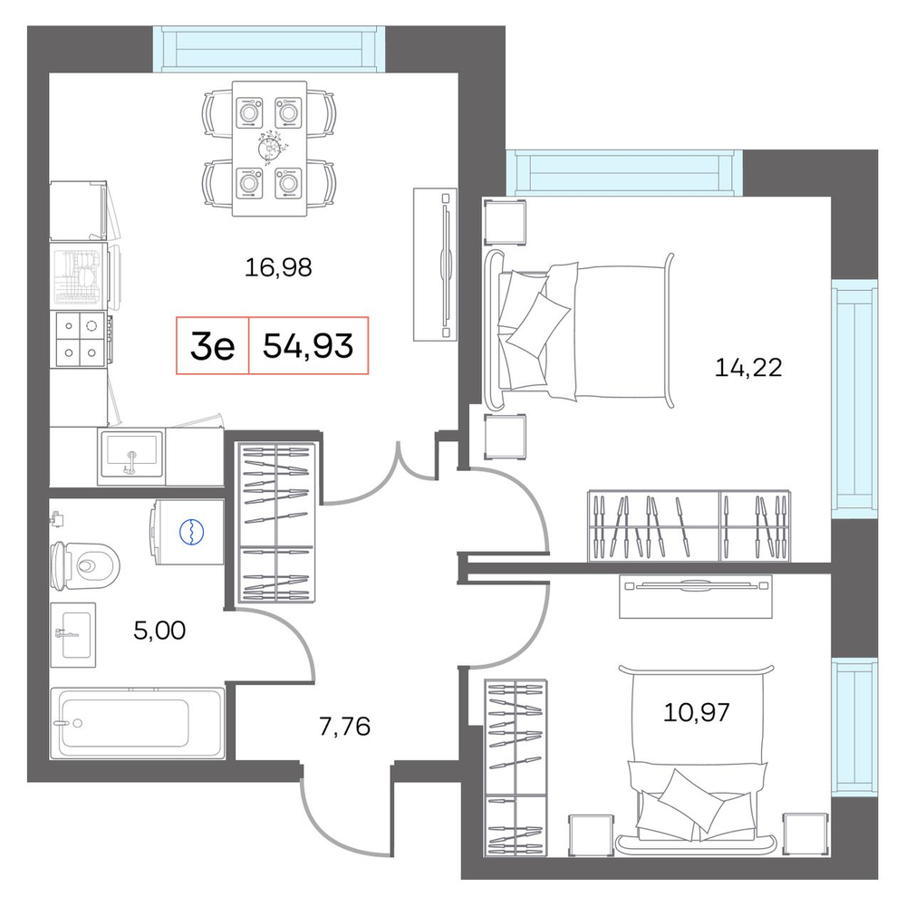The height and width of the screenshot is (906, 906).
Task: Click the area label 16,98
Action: pos(278,267)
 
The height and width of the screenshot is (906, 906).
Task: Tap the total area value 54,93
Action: pos(308,346)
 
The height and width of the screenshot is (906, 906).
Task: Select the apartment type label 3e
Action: pos(212,346)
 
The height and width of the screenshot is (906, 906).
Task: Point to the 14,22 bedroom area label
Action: pos(748,368)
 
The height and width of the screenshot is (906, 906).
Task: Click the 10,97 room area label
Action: pos(696,712)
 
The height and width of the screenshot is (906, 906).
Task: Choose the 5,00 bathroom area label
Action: pos(159,631)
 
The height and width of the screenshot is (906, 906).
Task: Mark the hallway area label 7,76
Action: pos(344,727)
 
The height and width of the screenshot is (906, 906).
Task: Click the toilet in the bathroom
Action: pos(84,565)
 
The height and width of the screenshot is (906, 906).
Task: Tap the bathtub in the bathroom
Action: pos(138,723)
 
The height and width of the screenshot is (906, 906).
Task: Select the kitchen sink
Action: pos(131,454)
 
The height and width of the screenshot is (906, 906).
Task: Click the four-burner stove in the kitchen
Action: pos(81,339)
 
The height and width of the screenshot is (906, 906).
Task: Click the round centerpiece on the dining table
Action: pos(270,149)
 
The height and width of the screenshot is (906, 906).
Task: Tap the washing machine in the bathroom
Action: pos(188,532)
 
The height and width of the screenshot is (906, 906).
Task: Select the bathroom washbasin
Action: pos(73,635)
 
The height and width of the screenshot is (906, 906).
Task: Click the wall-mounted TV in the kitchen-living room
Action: pos(436,265)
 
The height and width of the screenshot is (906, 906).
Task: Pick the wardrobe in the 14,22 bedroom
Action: pos(689,525)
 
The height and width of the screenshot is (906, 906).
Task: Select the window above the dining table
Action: pos(269,50)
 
